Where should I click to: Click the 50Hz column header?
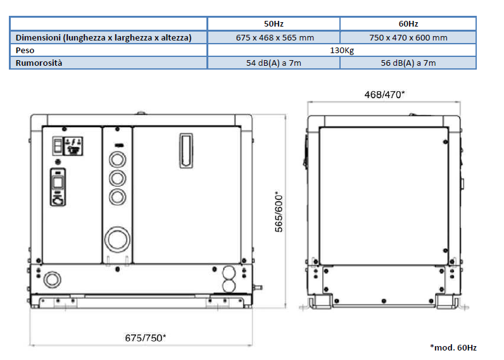tap(274, 24)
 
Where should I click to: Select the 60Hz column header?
tap(408, 24)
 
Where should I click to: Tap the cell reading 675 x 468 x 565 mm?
tap(275, 37)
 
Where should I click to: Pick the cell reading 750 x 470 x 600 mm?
tap(408, 37)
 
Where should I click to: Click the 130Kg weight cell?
tap(342, 51)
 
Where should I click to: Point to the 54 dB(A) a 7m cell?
tap(274, 63)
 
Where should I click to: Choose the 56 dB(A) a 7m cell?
tap(408, 63)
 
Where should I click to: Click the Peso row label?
tap(25, 51)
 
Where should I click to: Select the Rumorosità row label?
tap(39, 63)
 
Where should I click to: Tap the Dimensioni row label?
tap(103, 37)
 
